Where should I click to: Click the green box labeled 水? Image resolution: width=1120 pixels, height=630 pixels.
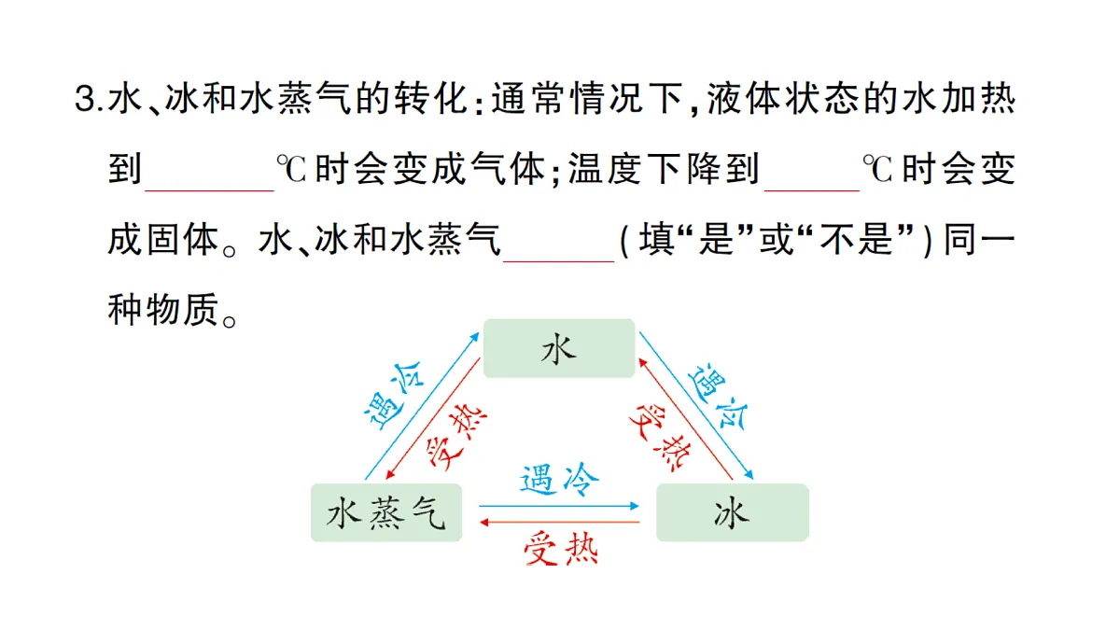point(559,348)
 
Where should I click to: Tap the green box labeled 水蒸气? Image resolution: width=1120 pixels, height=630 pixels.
point(386,512)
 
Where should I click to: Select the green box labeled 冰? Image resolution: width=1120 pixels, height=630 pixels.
point(733,512)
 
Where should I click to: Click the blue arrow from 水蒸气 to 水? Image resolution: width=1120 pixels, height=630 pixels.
point(422,407)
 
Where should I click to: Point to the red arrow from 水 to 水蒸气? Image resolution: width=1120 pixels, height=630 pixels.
point(433,418)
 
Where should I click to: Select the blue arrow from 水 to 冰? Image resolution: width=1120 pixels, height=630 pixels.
point(696,405)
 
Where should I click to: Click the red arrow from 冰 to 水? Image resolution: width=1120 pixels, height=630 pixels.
point(685,419)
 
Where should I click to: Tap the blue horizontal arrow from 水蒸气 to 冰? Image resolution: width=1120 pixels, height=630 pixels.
point(559,506)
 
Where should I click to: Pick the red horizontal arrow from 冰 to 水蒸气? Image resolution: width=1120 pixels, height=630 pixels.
point(559,523)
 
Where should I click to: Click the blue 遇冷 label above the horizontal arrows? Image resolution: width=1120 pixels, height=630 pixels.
point(559,480)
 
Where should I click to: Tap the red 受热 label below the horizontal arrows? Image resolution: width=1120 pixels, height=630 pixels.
point(561,549)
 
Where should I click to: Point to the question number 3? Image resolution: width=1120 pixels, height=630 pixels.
point(85,99)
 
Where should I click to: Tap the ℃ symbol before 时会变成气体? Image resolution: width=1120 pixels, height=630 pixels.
point(291,169)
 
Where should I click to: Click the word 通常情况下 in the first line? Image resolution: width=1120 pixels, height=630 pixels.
point(586,99)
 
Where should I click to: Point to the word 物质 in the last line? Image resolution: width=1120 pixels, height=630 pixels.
point(183,310)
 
